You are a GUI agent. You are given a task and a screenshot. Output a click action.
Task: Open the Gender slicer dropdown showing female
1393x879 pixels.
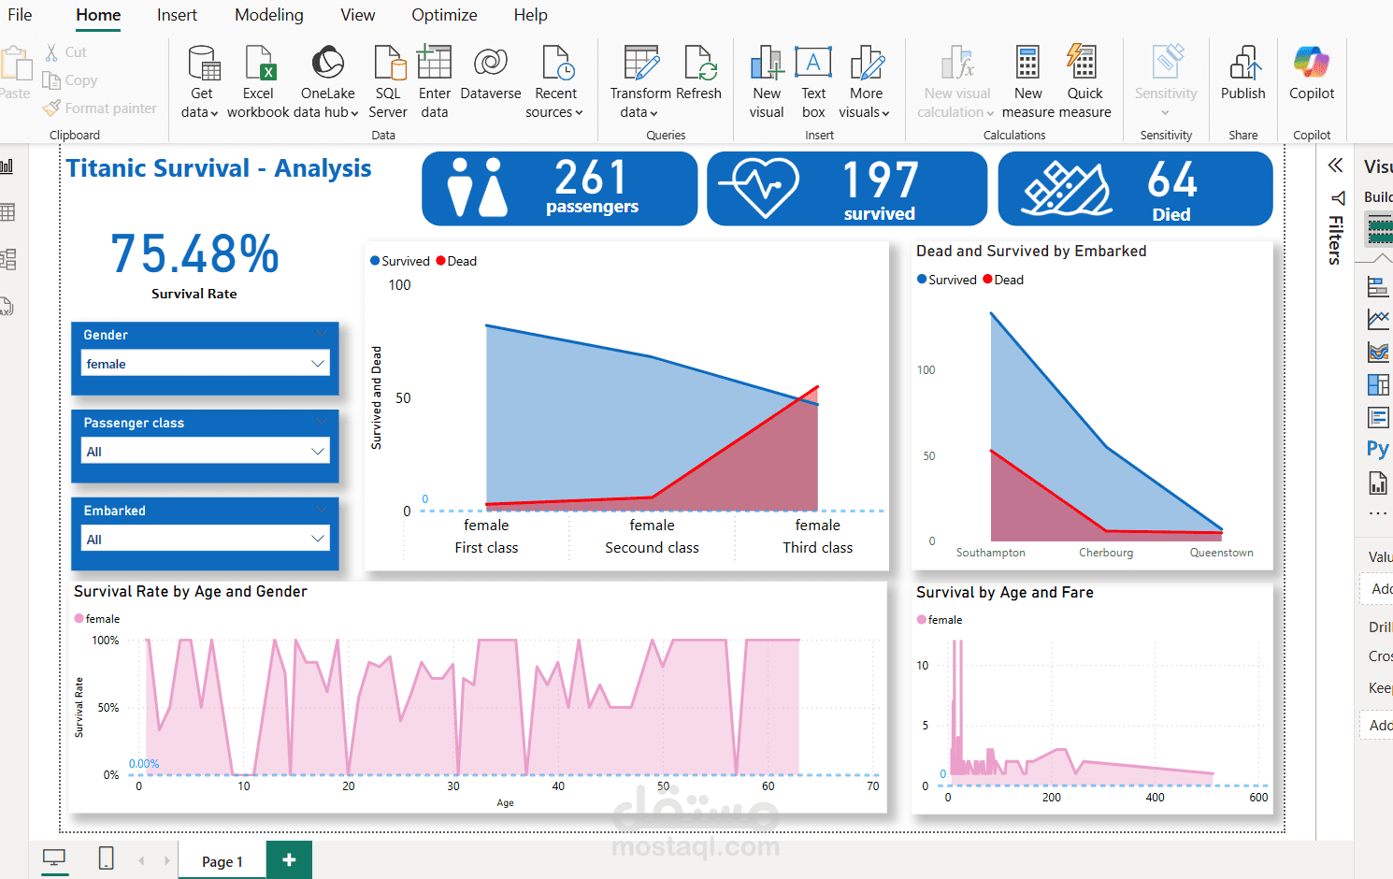pyautogui.click(x=205, y=364)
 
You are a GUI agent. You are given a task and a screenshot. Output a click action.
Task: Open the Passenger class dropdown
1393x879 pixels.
pyautogui.click(x=205, y=452)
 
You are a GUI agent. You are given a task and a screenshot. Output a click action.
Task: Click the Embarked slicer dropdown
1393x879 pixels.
pyautogui.click(x=205, y=540)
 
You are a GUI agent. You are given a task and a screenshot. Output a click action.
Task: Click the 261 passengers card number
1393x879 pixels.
pyautogui.click(x=590, y=178)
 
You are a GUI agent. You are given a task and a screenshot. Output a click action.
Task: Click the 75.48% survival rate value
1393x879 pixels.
pyautogui.click(x=194, y=254)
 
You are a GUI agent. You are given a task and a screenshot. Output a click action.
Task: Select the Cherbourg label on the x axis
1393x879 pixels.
pyautogui.click(x=1106, y=553)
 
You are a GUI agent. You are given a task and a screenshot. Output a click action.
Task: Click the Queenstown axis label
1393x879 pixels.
pyautogui.click(x=1221, y=553)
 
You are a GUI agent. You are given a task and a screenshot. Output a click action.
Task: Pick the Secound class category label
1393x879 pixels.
pyautogui.click(x=652, y=548)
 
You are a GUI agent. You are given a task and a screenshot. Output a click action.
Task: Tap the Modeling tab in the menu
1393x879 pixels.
pyautogui.click(x=269, y=15)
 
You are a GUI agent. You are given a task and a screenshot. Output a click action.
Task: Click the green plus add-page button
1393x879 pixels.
pyautogui.click(x=289, y=860)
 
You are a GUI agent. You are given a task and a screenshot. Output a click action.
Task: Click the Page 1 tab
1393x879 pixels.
pyautogui.click(x=222, y=861)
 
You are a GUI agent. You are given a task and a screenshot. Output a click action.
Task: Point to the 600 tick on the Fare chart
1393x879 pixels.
pyautogui.click(x=1258, y=798)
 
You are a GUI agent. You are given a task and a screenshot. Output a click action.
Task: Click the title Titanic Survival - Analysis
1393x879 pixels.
pyautogui.click(x=219, y=168)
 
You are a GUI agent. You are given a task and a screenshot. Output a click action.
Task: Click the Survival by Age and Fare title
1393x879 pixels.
pyautogui.click(x=1004, y=593)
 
